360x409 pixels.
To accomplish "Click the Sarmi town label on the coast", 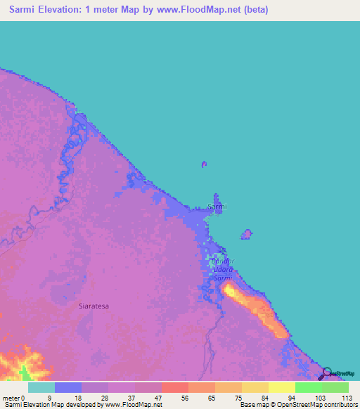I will [217, 207].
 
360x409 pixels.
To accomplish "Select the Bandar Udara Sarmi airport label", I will [221, 270].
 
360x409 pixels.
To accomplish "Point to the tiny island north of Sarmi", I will [204, 164].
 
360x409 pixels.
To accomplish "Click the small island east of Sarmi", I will [247, 233].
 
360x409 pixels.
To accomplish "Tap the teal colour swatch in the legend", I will [41, 387].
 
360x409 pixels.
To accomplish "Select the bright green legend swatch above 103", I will [308, 387].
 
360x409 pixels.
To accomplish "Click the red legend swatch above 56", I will [174, 387].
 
